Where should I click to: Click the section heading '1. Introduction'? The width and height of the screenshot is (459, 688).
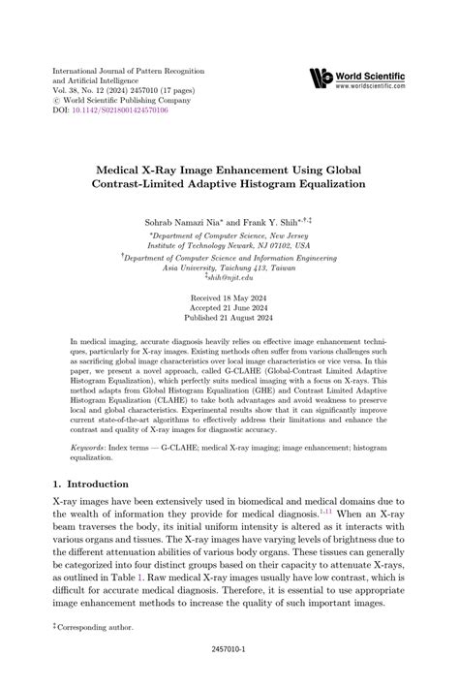pos(90,484)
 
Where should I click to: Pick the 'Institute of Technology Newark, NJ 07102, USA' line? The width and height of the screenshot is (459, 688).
pos(229,245)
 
